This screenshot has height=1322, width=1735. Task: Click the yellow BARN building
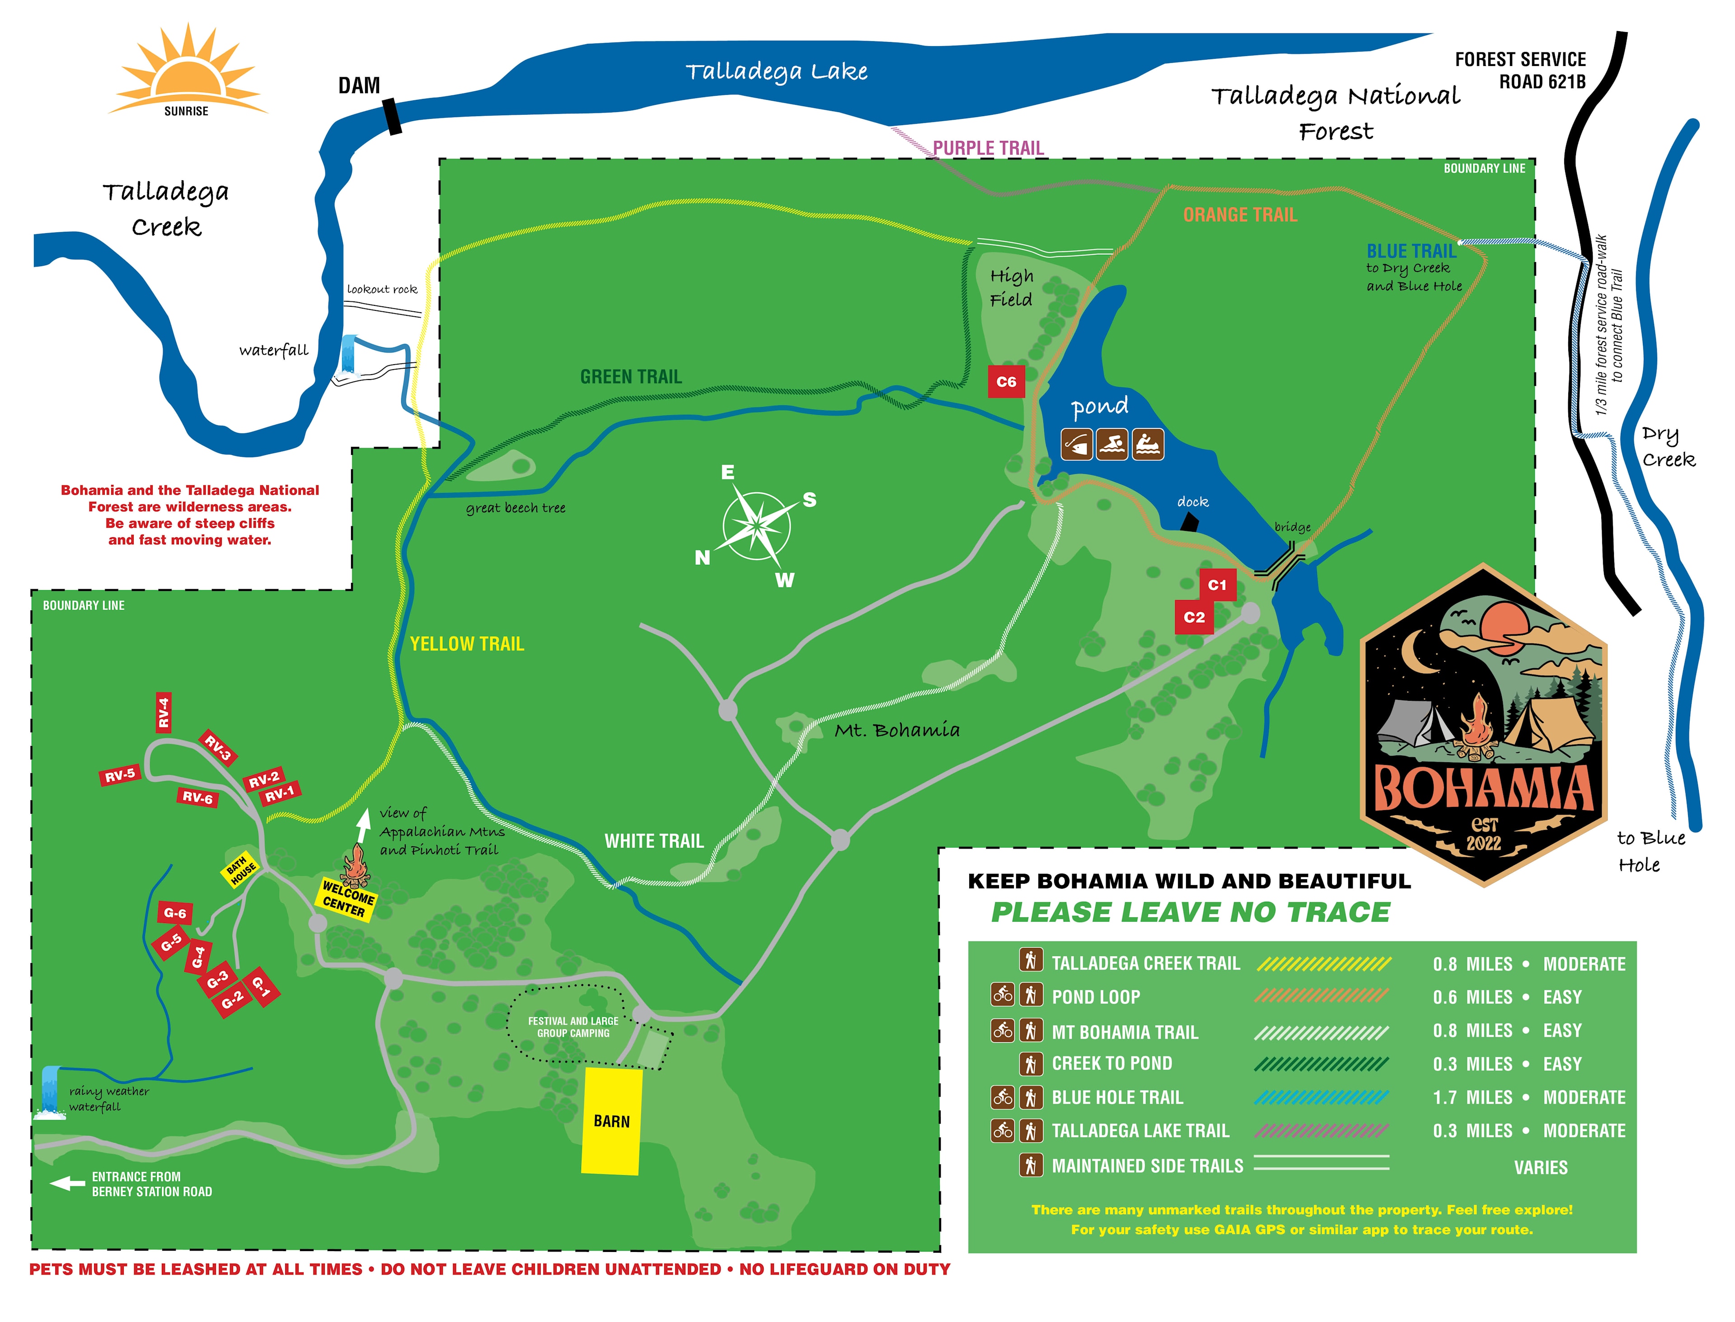pyautogui.click(x=611, y=1120)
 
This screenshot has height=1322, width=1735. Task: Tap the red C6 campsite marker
pyautogui.click(x=1006, y=382)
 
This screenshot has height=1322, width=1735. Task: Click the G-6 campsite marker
pyautogui.click(x=175, y=913)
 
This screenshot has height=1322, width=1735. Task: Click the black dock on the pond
pyautogui.click(x=1189, y=522)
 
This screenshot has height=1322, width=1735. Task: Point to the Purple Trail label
pyautogui.click(x=988, y=148)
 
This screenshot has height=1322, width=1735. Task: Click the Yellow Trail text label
pyautogui.click(x=467, y=644)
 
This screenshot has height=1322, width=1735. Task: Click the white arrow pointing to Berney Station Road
pyautogui.click(x=68, y=1183)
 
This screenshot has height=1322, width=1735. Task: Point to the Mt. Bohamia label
pyautogui.click(x=896, y=730)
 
